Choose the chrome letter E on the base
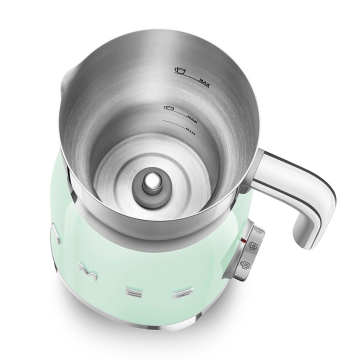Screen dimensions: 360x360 [x=133, y=288]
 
